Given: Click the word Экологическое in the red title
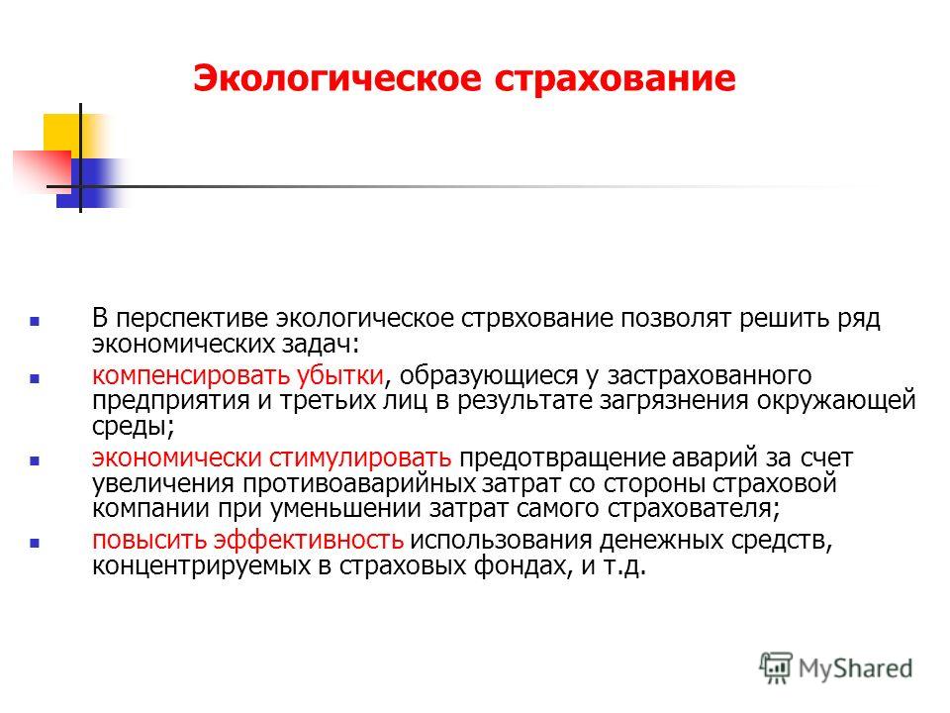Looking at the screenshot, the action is pos(337,79).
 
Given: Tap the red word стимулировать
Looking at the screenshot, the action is pos(360,458).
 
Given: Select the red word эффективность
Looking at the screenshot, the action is pos(309,540).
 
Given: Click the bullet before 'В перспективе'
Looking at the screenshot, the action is pos(35,321).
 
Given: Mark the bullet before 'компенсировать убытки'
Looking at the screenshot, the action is pos(35,379).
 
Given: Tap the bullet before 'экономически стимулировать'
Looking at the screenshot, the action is pos(35,460).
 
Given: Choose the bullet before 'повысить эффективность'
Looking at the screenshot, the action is pos(35,544).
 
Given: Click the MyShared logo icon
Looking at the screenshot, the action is pos(776,668).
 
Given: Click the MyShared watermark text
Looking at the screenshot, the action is pos(855,668).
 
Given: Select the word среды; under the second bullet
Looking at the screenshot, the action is pos(134,427).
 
